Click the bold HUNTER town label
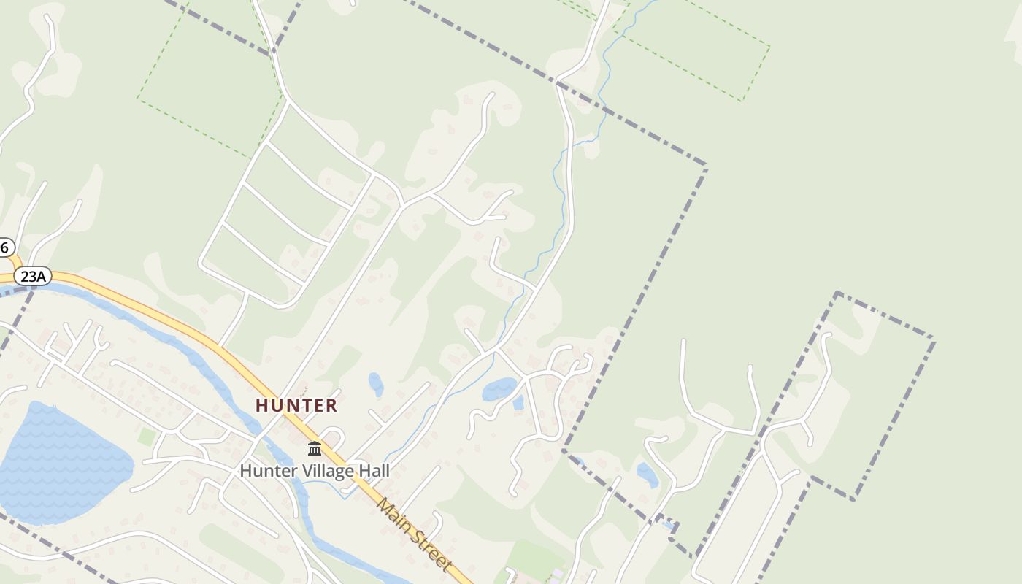click(x=296, y=406)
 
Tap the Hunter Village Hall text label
click(x=315, y=471)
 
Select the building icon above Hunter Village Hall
click(x=315, y=448)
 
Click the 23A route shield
click(x=33, y=276)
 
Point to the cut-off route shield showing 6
click(x=5, y=247)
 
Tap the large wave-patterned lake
click(x=58, y=464)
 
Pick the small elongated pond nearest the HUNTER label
click(x=376, y=384)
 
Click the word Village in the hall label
click(x=326, y=471)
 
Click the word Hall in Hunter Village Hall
click(x=374, y=471)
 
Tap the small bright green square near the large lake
click(x=147, y=437)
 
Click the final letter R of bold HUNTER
click(x=331, y=406)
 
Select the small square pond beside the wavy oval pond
click(x=518, y=402)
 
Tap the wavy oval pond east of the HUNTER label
click(x=499, y=389)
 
